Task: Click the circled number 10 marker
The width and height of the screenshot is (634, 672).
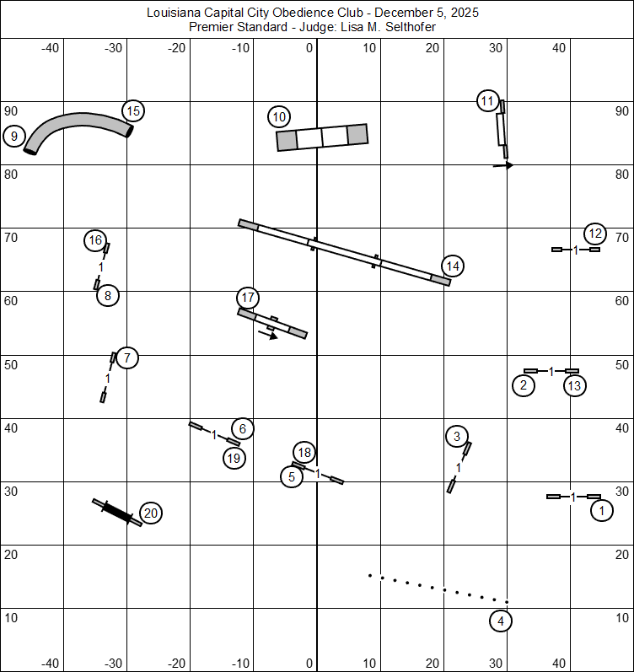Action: click(280, 116)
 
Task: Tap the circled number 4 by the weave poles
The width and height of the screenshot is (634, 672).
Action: click(501, 621)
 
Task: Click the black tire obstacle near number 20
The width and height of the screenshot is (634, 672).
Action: click(117, 512)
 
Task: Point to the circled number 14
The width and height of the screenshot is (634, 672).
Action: click(453, 266)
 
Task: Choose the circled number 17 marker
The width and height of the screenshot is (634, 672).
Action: click(247, 298)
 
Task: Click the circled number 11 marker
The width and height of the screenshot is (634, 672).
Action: click(487, 101)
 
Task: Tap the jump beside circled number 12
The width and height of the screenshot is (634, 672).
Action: click(576, 250)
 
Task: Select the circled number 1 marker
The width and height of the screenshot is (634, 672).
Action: click(601, 510)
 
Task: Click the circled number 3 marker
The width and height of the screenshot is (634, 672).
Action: click(456, 436)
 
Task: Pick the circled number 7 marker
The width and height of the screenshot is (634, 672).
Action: click(126, 358)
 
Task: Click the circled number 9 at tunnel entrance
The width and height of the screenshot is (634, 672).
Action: click(14, 136)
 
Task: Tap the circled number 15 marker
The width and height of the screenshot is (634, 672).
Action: click(132, 110)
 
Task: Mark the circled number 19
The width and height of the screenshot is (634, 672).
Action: click(234, 459)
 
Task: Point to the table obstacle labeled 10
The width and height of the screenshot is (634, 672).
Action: click(322, 137)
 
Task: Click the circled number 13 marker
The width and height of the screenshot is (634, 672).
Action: click(574, 386)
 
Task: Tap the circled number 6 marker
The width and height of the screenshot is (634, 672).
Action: click(242, 428)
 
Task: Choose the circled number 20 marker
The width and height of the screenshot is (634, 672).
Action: click(150, 513)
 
